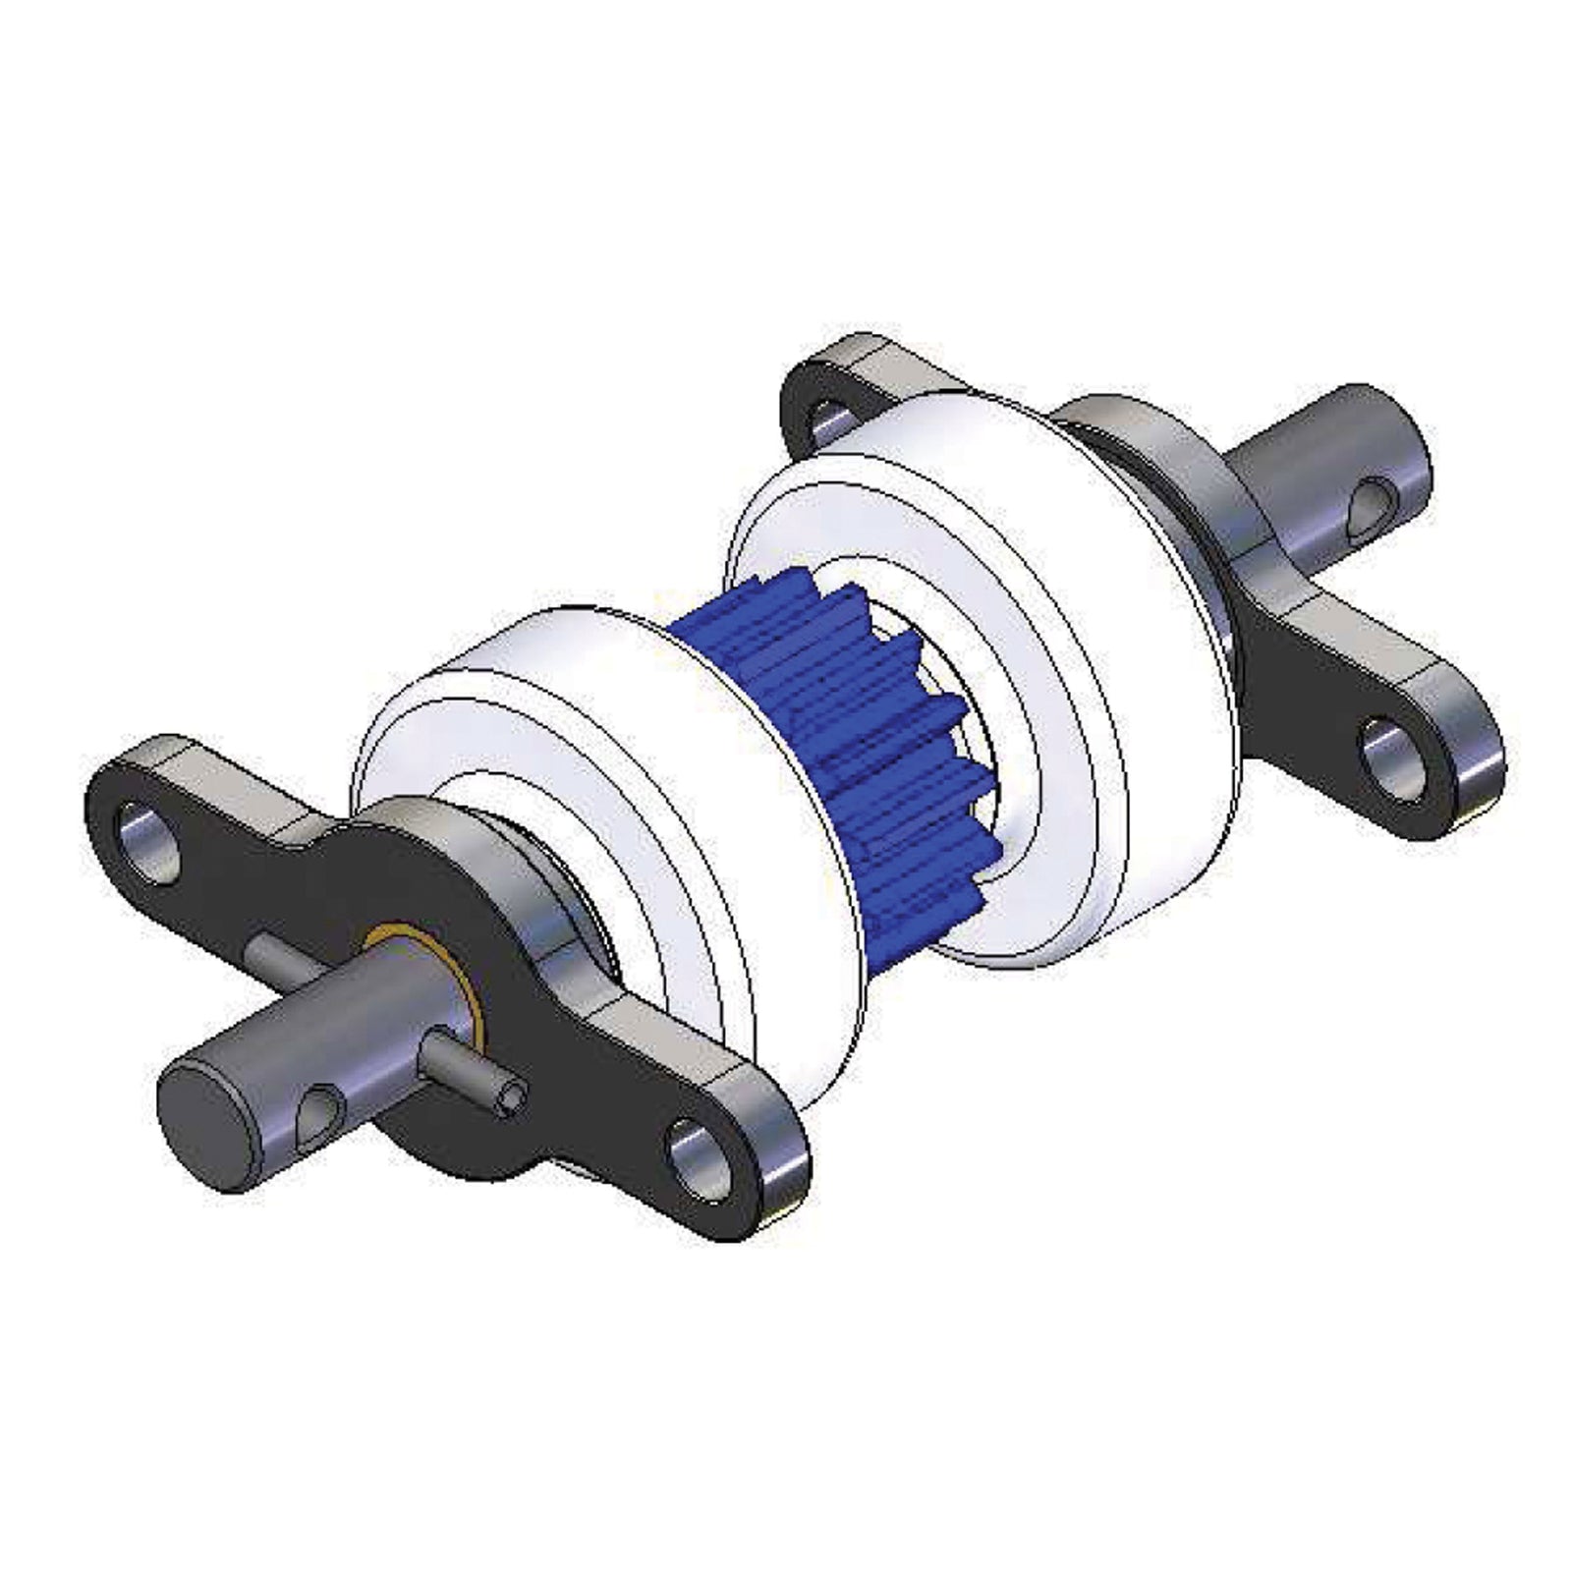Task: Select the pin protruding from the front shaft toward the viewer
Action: [x=462, y=1071]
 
